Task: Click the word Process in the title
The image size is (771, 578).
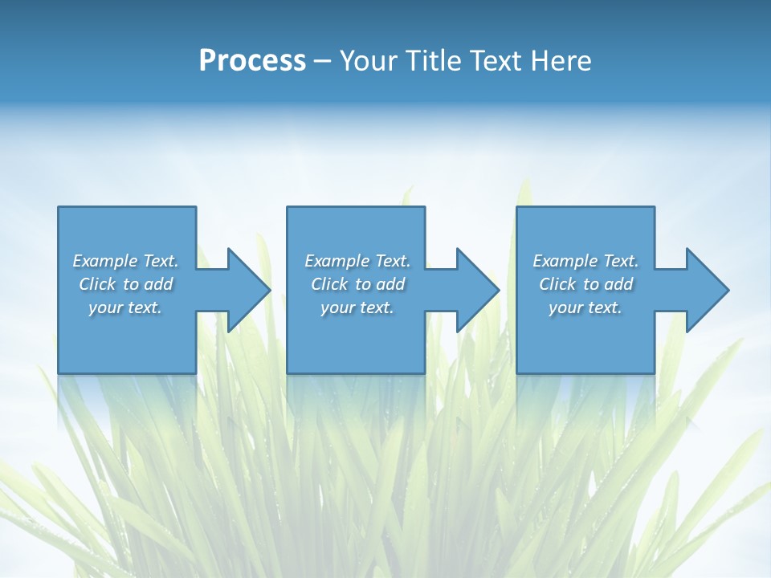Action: (252, 61)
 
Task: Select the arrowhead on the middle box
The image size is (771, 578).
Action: (476, 290)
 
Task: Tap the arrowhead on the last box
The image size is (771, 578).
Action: (706, 290)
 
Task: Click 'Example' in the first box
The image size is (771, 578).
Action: (104, 261)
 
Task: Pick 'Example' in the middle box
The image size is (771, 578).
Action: (337, 261)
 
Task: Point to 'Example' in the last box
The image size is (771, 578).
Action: (565, 261)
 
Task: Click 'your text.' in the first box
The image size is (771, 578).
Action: (125, 307)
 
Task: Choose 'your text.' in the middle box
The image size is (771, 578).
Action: (357, 307)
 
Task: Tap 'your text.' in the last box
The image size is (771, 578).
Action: (585, 307)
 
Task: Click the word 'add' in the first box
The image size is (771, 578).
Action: (158, 284)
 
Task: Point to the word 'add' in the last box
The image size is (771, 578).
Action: (618, 284)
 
